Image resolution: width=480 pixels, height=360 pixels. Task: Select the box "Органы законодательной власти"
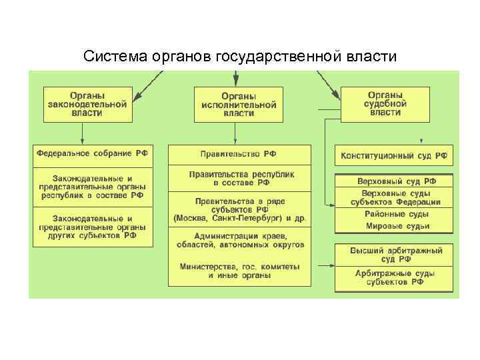tap(87, 104)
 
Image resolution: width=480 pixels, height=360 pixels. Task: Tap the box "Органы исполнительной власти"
tap(239, 104)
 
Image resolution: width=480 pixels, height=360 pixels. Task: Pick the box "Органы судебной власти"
tap(386, 104)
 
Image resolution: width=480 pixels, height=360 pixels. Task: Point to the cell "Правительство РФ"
tap(239, 154)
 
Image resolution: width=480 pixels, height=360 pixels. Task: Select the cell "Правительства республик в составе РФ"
tap(239, 178)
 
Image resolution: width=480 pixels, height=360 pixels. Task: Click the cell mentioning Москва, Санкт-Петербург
tap(239, 209)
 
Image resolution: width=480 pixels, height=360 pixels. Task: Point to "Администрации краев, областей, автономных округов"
tap(239, 241)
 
